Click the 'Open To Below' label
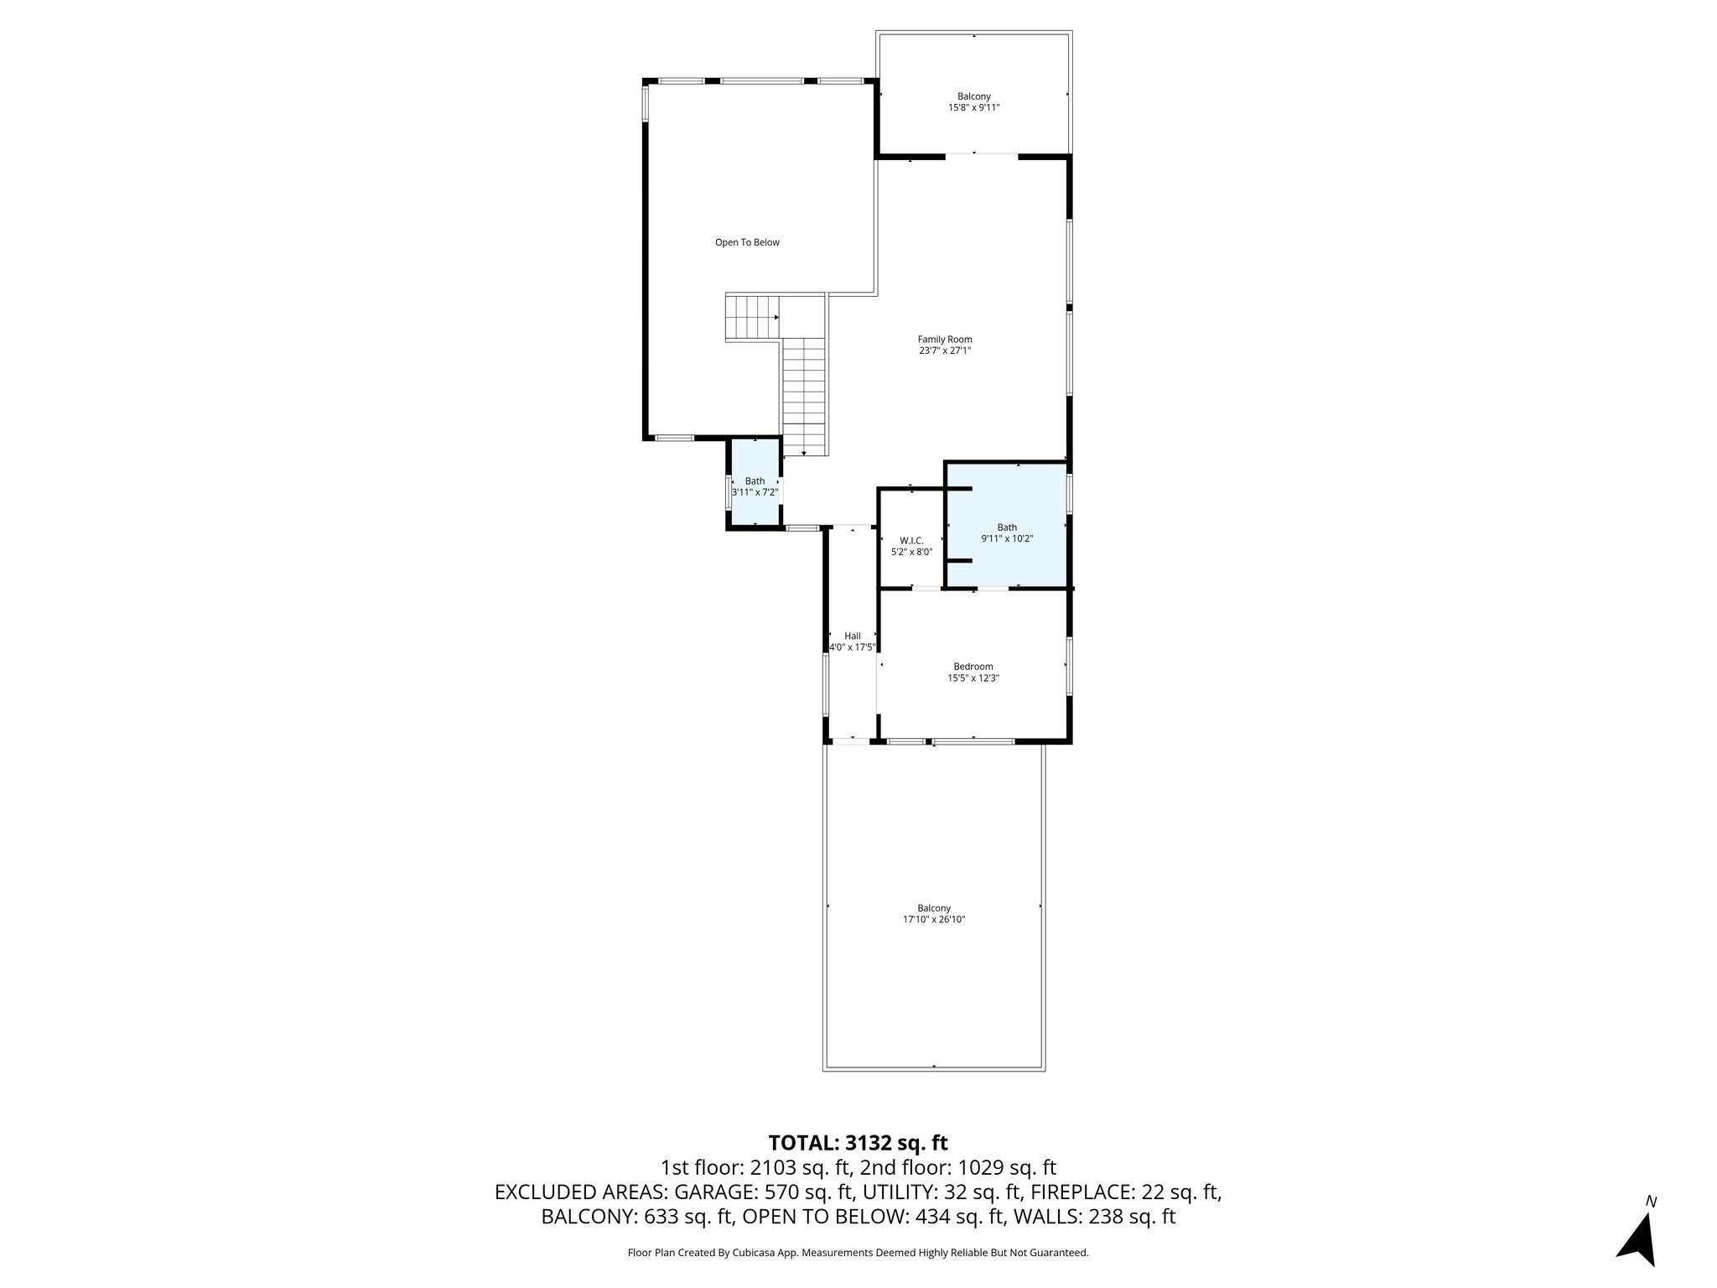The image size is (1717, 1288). point(746,242)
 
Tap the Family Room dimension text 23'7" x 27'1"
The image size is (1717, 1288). point(945,351)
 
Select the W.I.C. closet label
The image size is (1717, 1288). point(911,541)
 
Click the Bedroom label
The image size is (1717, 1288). point(973,667)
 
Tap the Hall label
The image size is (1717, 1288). point(852,636)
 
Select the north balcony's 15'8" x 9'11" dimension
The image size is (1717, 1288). point(973,107)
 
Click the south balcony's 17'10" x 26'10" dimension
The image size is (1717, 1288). point(934,919)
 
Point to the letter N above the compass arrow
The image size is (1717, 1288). point(1651,1202)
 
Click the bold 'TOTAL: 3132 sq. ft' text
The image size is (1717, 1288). point(858,1143)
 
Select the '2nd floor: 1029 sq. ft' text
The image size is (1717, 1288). point(957,1167)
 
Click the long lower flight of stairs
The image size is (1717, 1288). point(805,394)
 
